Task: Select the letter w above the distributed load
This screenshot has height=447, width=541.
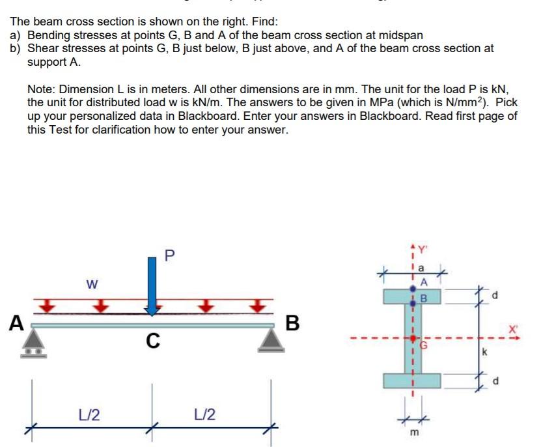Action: pyautogui.click(x=93, y=285)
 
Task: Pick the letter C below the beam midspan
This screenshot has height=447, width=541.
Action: pyautogui.click(x=152, y=340)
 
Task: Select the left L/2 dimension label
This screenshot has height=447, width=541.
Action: pyautogui.click(x=89, y=414)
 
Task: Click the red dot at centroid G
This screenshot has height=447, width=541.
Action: pyautogui.click(x=412, y=339)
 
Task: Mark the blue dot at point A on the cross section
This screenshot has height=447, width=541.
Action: pyautogui.click(x=412, y=287)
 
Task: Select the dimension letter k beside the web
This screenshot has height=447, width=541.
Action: pyautogui.click(x=484, y=353)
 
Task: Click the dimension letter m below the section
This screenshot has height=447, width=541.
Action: pyautogui.click(x=411, y=433)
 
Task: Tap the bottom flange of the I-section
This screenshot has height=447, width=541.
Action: pyautogui.click(x=411, y=380)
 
